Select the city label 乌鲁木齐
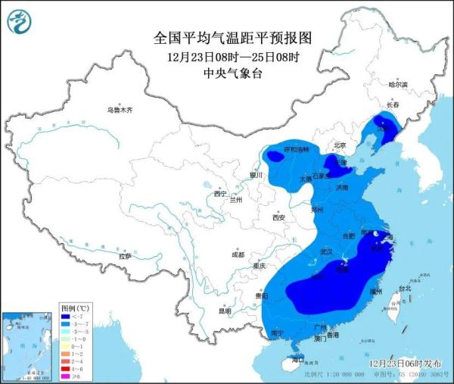(x=119, y=110)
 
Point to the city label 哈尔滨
(x=397, y=84)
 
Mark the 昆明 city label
(x=225, y=311)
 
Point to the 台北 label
(x=405, y=288)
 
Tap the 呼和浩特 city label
(x=296, y=148)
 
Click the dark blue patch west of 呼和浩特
(x=273, y=156)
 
